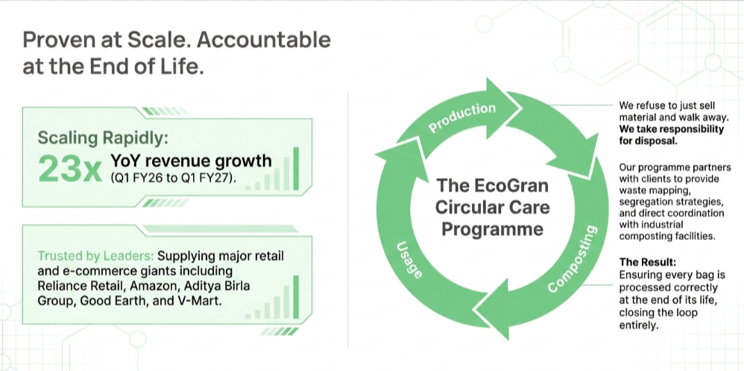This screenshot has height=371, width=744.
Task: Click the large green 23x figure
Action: coord(70,169)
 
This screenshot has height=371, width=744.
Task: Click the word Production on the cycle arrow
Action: coord(461,117)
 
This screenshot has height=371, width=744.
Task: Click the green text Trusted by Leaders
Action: coord(96,256)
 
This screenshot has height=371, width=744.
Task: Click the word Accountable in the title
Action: coord(264,39)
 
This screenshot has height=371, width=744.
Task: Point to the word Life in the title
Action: coord(185,66)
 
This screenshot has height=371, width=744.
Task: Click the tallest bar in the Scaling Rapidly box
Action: coord(296,168)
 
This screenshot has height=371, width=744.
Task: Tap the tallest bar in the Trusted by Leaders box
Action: coord(296,297)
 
